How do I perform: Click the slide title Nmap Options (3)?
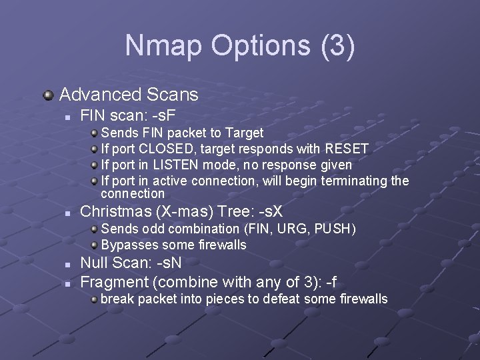pos(240,45)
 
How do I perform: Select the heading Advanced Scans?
pos(129,95)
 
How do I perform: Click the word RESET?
pos(347,148)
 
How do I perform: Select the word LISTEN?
pos(172,164)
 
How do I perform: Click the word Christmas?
pos(113,212)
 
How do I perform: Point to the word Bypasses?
pos(129,245)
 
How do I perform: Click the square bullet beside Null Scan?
pos(67,264)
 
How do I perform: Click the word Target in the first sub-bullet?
pos(245,133)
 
